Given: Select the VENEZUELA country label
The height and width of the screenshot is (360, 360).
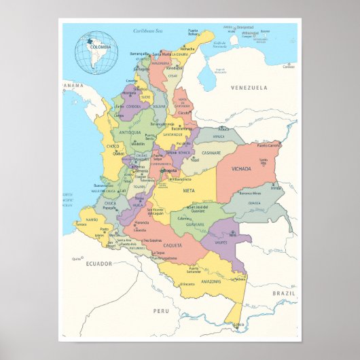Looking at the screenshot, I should tap(249, 88).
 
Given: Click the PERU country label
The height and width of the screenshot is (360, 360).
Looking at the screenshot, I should tap(160, 310).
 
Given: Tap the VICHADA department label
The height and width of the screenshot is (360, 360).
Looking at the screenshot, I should tap(240, 168).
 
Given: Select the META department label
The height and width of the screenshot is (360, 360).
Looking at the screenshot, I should tap(189, 191).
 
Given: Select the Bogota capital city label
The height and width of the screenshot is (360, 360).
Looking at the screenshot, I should tap(168, 170).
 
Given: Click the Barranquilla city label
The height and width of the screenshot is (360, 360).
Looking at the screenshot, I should tap(139, 54).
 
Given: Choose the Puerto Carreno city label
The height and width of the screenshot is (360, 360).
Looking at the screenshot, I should tap(269, 145).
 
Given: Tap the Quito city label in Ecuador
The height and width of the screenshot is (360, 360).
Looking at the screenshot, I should tap(75, 259).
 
